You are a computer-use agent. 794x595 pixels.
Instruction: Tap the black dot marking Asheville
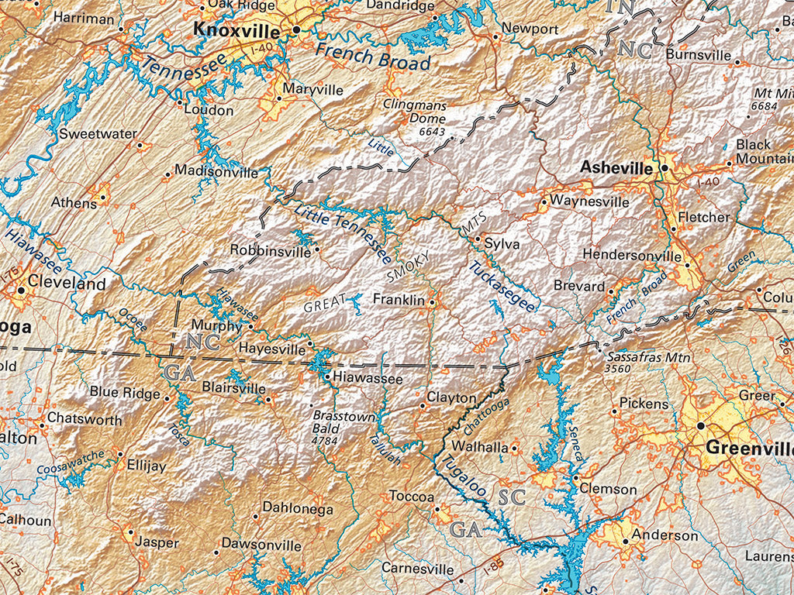(x=665, y=167)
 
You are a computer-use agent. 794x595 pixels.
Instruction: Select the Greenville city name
(x=749, y=449)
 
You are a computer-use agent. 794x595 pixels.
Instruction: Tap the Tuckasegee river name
(x=502, y=287)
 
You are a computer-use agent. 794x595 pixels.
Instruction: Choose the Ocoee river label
(x=133, y=321)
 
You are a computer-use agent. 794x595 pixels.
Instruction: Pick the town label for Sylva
(x=502, y=245)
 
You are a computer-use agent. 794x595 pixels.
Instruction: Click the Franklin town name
(x=399, y=299)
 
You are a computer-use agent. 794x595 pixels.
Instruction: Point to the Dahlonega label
(x=298, y=509)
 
